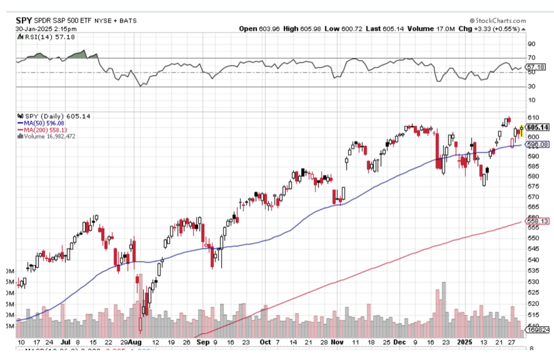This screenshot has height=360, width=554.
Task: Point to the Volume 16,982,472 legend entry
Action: (49, 136)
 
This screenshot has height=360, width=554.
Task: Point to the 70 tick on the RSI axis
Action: (531, 58)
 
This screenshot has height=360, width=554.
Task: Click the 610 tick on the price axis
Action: (532, 118)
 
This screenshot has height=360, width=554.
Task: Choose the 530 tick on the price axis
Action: (532, 282)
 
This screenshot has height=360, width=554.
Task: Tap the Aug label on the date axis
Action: (135, 342)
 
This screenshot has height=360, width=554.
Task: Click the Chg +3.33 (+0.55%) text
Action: (500, 28)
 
